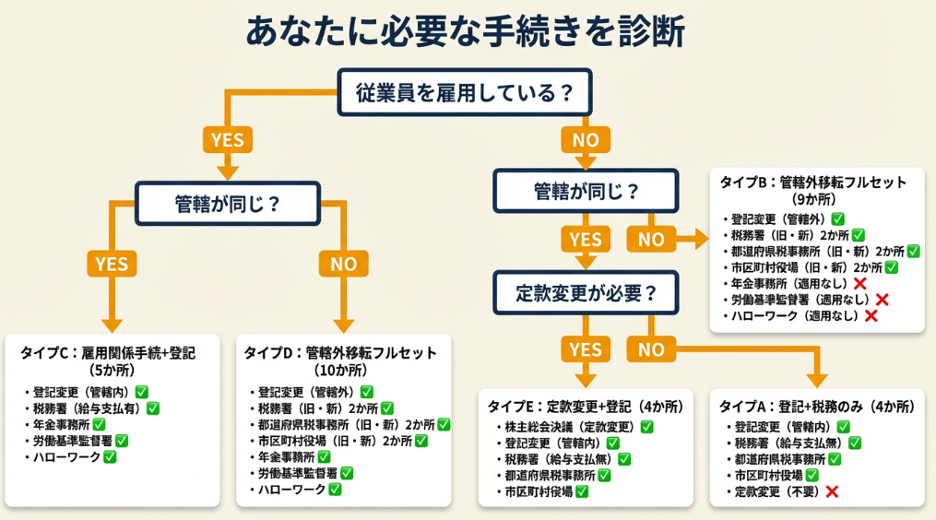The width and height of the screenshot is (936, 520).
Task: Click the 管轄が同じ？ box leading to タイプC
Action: pos(228,204)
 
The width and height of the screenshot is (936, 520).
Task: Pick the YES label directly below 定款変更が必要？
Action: pos(585,349)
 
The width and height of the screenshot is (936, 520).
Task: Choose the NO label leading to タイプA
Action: pos(651,349)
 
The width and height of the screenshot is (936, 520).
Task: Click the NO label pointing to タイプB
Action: pos(651,240)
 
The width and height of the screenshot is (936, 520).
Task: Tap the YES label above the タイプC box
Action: pos(112,263)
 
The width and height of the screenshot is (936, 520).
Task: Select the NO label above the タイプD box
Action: pos(343,263)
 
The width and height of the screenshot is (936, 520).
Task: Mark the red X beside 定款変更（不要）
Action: pos(831,491)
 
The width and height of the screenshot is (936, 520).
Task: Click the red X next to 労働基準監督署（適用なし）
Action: pos(882,299)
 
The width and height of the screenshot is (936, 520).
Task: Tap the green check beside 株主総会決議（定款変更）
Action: pos(646,427)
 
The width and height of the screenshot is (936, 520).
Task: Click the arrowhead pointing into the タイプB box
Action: pos(702,240)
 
